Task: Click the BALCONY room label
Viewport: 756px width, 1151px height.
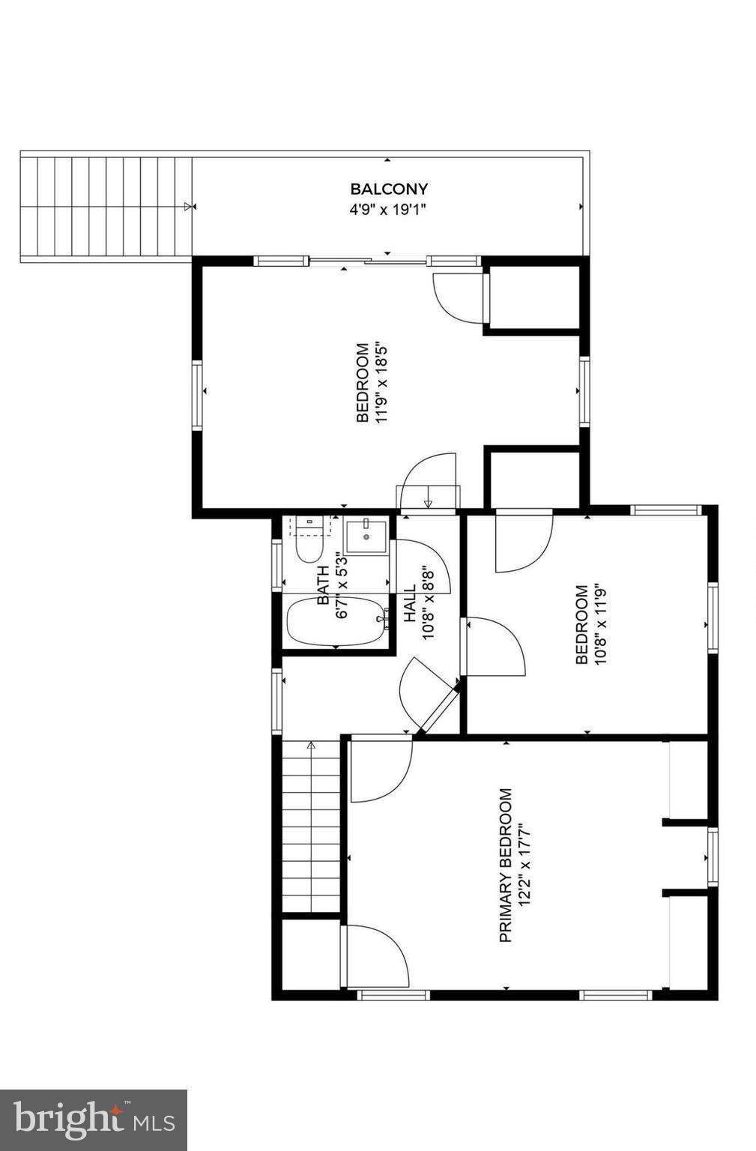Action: (388, 189)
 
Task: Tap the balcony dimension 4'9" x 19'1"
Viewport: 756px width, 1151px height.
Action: (388, 210)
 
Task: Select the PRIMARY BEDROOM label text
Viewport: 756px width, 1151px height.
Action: (506, 864)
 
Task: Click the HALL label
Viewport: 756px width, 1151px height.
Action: (410, 604)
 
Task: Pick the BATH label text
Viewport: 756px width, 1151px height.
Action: (324, 585)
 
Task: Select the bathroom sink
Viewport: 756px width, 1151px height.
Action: (366, 535)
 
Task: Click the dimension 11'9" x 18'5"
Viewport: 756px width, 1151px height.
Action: (382, 383)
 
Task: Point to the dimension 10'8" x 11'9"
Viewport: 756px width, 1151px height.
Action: (600, 625)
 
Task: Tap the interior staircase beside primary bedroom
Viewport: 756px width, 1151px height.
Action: (311, 828)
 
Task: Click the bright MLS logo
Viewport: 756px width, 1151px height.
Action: (94, 1120)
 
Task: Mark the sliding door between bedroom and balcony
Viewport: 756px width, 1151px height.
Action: (367, 261)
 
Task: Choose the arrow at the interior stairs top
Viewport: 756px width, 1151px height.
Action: (311, 745)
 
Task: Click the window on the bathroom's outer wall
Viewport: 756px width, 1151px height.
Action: (276, 564)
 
